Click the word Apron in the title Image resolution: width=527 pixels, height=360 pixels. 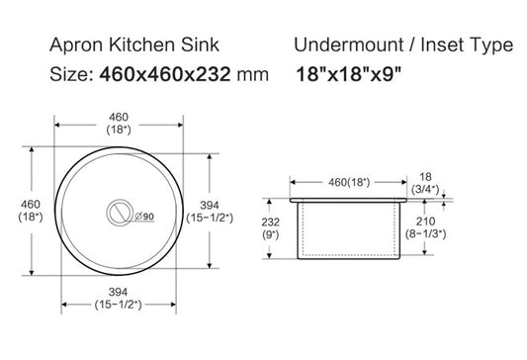tap(72, 45)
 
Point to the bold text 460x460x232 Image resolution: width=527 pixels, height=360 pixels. tap(163, 74)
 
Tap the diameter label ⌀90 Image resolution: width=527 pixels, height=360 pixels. tap(141, 217)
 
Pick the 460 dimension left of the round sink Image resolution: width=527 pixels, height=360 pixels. tap(20, 204)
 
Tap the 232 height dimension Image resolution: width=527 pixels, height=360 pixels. tap(270, 224)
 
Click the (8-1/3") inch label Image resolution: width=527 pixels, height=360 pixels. tap(427, 234)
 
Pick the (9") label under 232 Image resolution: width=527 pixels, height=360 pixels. tap(270, 235)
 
